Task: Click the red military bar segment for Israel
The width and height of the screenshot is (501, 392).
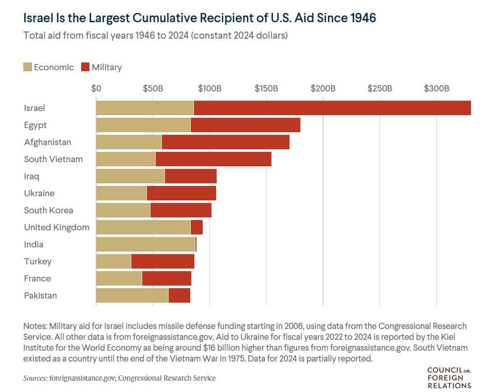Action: click(332, 108)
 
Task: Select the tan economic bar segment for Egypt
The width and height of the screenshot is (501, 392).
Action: click(143, 125)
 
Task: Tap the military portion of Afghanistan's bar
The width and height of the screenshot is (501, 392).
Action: click(225, 142)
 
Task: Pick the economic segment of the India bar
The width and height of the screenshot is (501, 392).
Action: click(145, 244)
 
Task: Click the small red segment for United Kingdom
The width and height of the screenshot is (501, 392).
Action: click(196, 227)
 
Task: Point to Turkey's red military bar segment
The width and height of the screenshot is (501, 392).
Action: click(162, 261)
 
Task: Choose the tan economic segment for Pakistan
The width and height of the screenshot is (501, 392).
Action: click(132, 295)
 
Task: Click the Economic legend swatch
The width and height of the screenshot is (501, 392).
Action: click(28, 67)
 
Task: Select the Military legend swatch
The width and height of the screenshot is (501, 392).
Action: click(86, 67)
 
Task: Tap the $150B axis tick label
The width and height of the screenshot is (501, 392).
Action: click(266, 88)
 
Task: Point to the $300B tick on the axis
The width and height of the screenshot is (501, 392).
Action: click(436, 88)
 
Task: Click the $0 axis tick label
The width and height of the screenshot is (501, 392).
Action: click(96, 88)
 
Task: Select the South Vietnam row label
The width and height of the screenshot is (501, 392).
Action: click(53, 159)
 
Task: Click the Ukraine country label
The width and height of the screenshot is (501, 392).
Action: click(39, 193)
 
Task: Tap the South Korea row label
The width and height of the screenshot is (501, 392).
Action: click(49, 210)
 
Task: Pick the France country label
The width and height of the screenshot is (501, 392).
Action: click(37, 278)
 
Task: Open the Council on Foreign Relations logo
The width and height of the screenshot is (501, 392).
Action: click(449, 378)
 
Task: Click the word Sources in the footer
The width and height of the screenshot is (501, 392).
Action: click(35, 379)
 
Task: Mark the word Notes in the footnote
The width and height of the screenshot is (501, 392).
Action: click(35, 326)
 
